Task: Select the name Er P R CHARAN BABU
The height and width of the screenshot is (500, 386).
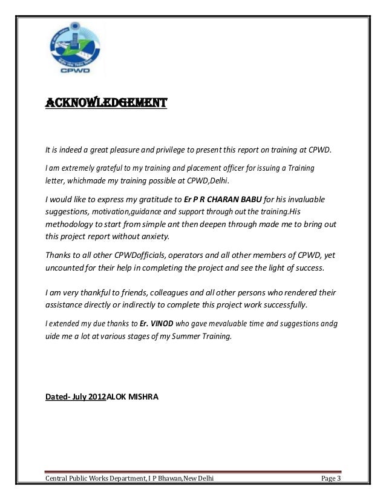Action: [223, 199]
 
